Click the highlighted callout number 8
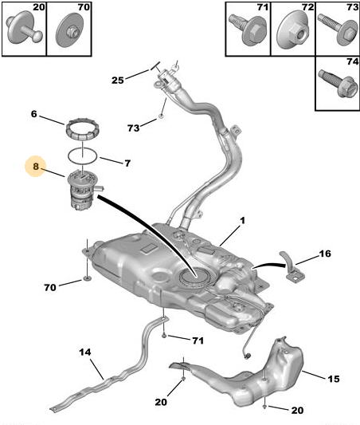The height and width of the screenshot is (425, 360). (36, 166)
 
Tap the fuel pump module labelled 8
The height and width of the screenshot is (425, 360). (84, 192)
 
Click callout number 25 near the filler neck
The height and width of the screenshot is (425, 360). (117, 81)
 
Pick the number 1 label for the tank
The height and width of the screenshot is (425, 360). (243, 220)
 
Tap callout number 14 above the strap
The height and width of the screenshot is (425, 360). (85, 352)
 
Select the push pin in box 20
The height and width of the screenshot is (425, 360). (24, 30)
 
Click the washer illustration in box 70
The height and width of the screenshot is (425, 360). (69, 29)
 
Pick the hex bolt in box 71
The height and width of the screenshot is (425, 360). (248, 30)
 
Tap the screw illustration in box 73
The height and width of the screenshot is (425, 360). (338, 30)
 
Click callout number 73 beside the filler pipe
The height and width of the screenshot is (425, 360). (134, 128)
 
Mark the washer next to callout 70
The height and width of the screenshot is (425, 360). (87, 277)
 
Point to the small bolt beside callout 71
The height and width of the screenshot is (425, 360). (164, 336)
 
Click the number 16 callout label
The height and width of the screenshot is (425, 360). (325, 254)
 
